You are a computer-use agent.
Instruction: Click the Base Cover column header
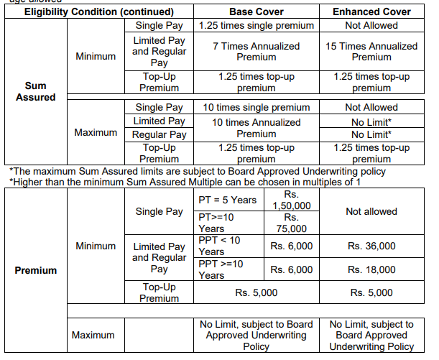tap(256, 12)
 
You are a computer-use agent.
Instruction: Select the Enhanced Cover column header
tap(371, 12)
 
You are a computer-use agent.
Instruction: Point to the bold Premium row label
tap(35, 270)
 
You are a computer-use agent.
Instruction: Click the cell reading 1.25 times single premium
tap(256, 25)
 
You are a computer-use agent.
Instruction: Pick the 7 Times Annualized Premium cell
tap(256, 51)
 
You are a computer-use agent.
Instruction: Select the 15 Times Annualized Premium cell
tap(371, 51)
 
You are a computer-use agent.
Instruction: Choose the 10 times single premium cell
tap(256, 107)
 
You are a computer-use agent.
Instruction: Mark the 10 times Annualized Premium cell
tap(256, 128)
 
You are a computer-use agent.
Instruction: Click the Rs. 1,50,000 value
tap(291, 200)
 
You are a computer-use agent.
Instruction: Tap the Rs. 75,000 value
tap(291, 223)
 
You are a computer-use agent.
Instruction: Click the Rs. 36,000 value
tap(371, 246)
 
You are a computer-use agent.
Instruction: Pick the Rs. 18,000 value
tap(371, 269)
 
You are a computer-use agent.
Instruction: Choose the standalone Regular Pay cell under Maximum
tap(160, 134)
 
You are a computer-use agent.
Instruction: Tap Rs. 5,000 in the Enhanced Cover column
tap(371, 292)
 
